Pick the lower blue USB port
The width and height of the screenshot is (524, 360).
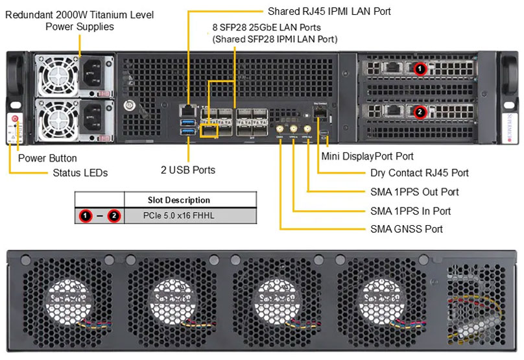(188, 132)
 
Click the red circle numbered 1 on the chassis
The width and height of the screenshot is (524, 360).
(420, 68)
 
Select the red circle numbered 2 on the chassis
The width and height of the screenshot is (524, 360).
(420, 112)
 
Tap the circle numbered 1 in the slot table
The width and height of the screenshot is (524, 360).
(85, 216)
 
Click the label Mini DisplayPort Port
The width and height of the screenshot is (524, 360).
(367, 156)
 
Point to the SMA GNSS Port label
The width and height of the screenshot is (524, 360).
(407, 229)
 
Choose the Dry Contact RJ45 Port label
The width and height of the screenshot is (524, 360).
(419, 173)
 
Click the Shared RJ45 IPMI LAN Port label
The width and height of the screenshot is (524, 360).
(329, 11)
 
